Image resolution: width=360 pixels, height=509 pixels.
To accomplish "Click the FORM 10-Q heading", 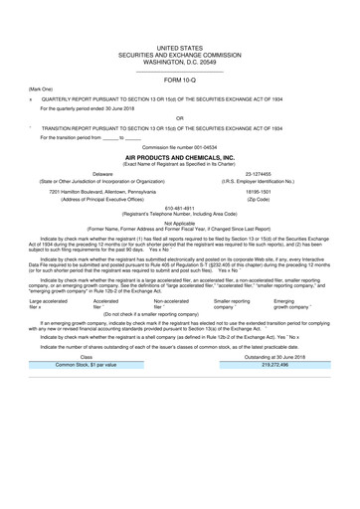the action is coord(180,80).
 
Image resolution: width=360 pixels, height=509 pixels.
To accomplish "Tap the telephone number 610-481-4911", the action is coord(180,210).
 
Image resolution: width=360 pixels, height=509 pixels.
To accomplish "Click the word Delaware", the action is coord(102,173).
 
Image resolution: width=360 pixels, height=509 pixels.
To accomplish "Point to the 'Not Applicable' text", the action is coord(180,224).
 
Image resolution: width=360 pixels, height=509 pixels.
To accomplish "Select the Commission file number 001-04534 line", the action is coord(180,147).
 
